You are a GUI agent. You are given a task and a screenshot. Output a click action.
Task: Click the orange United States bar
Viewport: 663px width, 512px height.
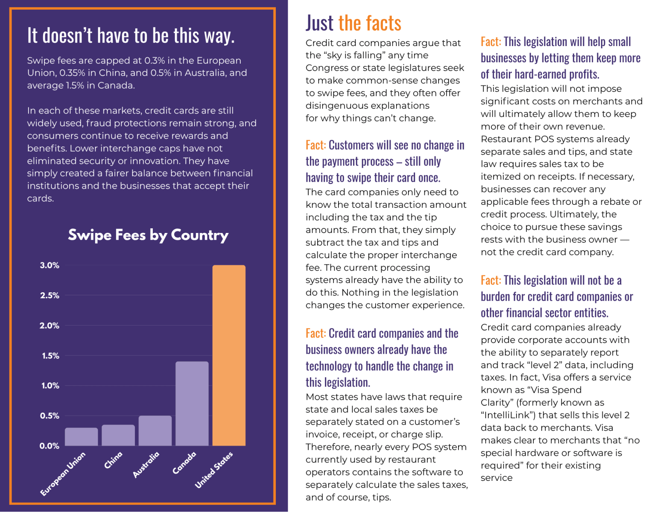point(229,355)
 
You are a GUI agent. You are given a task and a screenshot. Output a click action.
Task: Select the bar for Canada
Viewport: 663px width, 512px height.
point(192,404)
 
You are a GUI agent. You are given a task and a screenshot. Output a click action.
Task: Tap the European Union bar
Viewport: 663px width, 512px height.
point(82,437)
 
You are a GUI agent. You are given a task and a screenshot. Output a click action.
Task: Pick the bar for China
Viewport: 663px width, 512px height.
point(118,435)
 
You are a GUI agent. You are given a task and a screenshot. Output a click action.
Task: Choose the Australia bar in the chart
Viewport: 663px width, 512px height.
point(155,431)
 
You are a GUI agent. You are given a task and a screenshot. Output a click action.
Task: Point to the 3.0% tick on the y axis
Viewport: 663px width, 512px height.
point(50,265)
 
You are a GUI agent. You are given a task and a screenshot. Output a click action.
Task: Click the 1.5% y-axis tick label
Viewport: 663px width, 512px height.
point(50,356)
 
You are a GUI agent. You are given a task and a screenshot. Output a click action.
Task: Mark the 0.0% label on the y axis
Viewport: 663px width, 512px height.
point(50,446)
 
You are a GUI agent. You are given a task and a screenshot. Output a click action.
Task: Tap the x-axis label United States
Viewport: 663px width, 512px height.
point(214,470)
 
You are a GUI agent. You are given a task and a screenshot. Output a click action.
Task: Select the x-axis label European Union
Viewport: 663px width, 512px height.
point(63,474)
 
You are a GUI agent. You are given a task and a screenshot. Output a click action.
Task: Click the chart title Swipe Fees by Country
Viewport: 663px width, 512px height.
point(148,235)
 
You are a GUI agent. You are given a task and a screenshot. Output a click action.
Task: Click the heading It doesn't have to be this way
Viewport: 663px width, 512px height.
point(131,35)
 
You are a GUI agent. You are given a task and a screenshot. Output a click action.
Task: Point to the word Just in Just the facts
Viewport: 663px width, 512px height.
point(319,23)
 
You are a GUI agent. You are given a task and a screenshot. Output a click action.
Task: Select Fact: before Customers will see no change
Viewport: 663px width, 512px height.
point(315,145)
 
